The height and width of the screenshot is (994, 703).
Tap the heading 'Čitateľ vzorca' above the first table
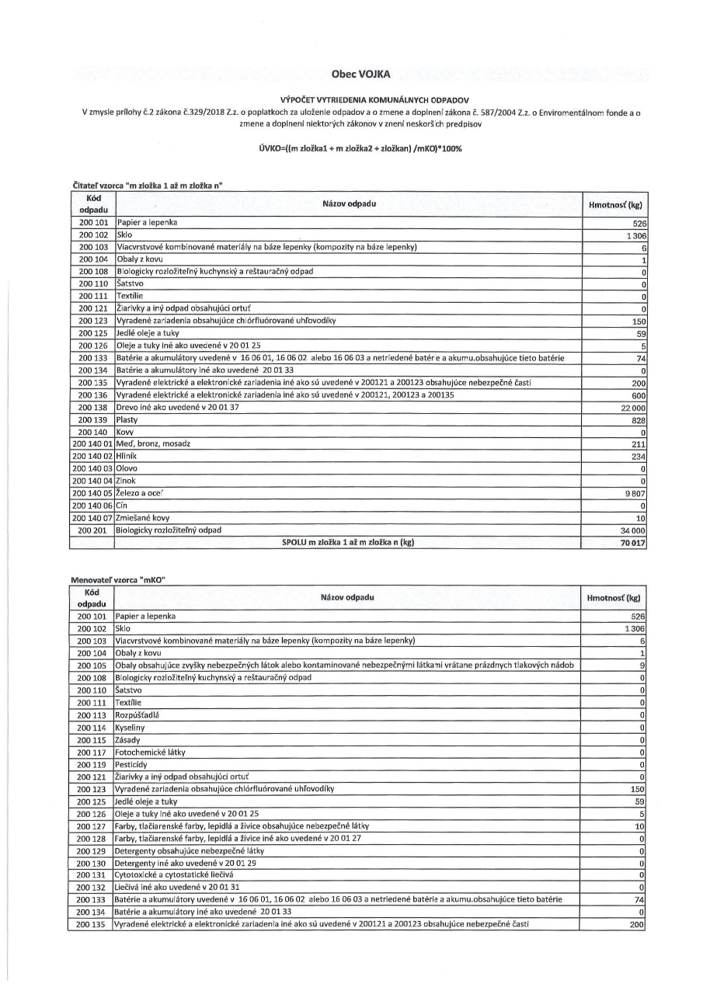pyautogui.click(x=148, y=184)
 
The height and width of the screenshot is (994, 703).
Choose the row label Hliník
pyautogui.click(x=126, y=457)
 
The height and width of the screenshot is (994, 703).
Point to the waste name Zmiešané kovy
pyautogui.click(x=143, y=518)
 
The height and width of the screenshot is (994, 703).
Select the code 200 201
pyautogui.click(x=92, y=530)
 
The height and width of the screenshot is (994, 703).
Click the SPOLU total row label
pyautogui.click(x=347, y=543)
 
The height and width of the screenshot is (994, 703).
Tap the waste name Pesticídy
pyautogui.click(x=131, y=765)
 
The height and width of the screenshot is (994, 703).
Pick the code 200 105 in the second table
pyautogui.click(x=92, y=666)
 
